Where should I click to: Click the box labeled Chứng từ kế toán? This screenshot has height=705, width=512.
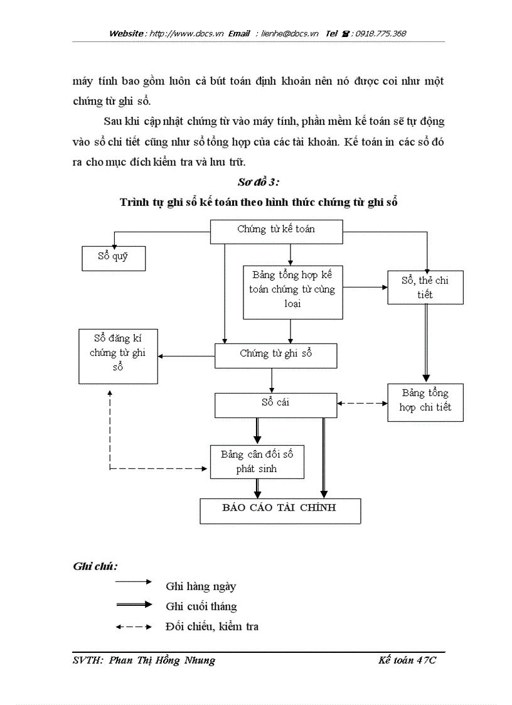(276, 230)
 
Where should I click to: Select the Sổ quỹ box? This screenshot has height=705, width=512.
(114, 258)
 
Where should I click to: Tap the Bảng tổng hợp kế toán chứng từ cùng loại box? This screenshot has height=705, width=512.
(292, 291)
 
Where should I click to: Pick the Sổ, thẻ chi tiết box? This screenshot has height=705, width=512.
(425, 288)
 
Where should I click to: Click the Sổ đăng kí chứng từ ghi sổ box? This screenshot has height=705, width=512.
(118, 355)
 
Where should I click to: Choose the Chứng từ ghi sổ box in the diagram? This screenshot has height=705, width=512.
(275, 355)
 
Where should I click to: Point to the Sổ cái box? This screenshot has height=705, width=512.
(275, 405)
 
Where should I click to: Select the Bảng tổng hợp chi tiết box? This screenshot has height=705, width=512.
(425, 402)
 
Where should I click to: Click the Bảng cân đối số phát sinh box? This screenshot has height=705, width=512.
(257, 461)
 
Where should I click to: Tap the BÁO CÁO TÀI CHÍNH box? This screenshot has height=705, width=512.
(280, 510)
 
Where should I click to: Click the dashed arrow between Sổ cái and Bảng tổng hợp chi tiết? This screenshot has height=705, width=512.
(362, 403)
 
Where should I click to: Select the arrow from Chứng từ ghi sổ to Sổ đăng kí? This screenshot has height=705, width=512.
(186, 356)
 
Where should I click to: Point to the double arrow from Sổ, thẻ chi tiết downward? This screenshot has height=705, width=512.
(426, 343)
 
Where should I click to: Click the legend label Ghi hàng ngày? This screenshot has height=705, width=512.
(201, 586)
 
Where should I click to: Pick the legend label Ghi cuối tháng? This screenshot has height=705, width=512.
(201, 606)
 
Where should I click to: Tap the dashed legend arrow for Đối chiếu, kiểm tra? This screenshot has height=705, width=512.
(134, 627)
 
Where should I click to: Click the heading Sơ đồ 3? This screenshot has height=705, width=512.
(259, 182)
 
